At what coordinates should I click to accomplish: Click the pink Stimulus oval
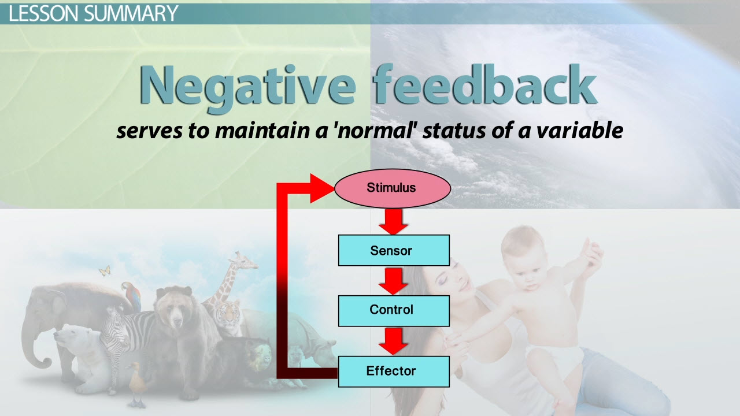pyautogui.click(x=393, y=188)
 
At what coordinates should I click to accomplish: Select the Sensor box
pyautogui.click(x=394, y=250)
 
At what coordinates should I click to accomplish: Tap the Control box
pyautogui.click(x=394, y=311)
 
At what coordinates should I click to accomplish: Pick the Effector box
pyautogui.click(x=394, y=372)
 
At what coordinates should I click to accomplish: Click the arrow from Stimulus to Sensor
pyautogui.click(x=393, y=221)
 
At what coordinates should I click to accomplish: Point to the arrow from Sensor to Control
pyautogui.click(x=393, y=281)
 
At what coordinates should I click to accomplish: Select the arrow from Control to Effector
pyautogui.click(x=393, y=341)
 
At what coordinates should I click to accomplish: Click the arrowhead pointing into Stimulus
pyautogui.click(x=321, y=188)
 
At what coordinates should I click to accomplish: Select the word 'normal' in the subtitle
pyautogui.click(x=376, y=131)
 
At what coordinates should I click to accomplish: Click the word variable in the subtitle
pyautogui.click(x=580, y=130)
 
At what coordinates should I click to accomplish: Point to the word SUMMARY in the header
pyautogui.click(x=131, y=13)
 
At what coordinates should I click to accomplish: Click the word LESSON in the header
pyautogui.click(x=45, y=13)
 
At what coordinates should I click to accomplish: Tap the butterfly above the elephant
pyautogui.click(x=105, y=271)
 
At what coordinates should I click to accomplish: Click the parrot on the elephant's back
pyautogui.click(x=132, y=295)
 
